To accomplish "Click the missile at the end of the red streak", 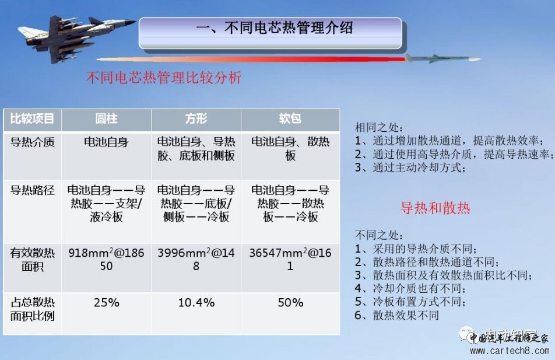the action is [442, 58].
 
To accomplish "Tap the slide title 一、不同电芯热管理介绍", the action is [275, 27].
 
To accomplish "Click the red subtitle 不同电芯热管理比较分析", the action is [164, 78].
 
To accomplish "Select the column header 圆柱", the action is [106, 118].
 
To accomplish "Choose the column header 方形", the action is [196, 118].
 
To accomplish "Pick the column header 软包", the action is [290, 118].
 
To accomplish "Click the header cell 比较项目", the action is [32, 118].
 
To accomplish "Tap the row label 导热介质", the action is [32, 142].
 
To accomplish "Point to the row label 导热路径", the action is [32, 190].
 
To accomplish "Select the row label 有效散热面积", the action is [32, 260].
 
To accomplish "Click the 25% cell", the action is [107, 303].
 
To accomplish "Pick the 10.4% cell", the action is [196, 303].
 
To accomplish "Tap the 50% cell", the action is [290, 303].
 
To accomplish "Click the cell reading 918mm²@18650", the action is [106, 260].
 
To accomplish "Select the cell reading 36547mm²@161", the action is [290, 260].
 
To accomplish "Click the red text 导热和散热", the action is [435, 208].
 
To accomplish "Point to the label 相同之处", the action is [378, 128].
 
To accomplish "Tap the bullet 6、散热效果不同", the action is [397, 315].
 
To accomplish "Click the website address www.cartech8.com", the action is [510, 351].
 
